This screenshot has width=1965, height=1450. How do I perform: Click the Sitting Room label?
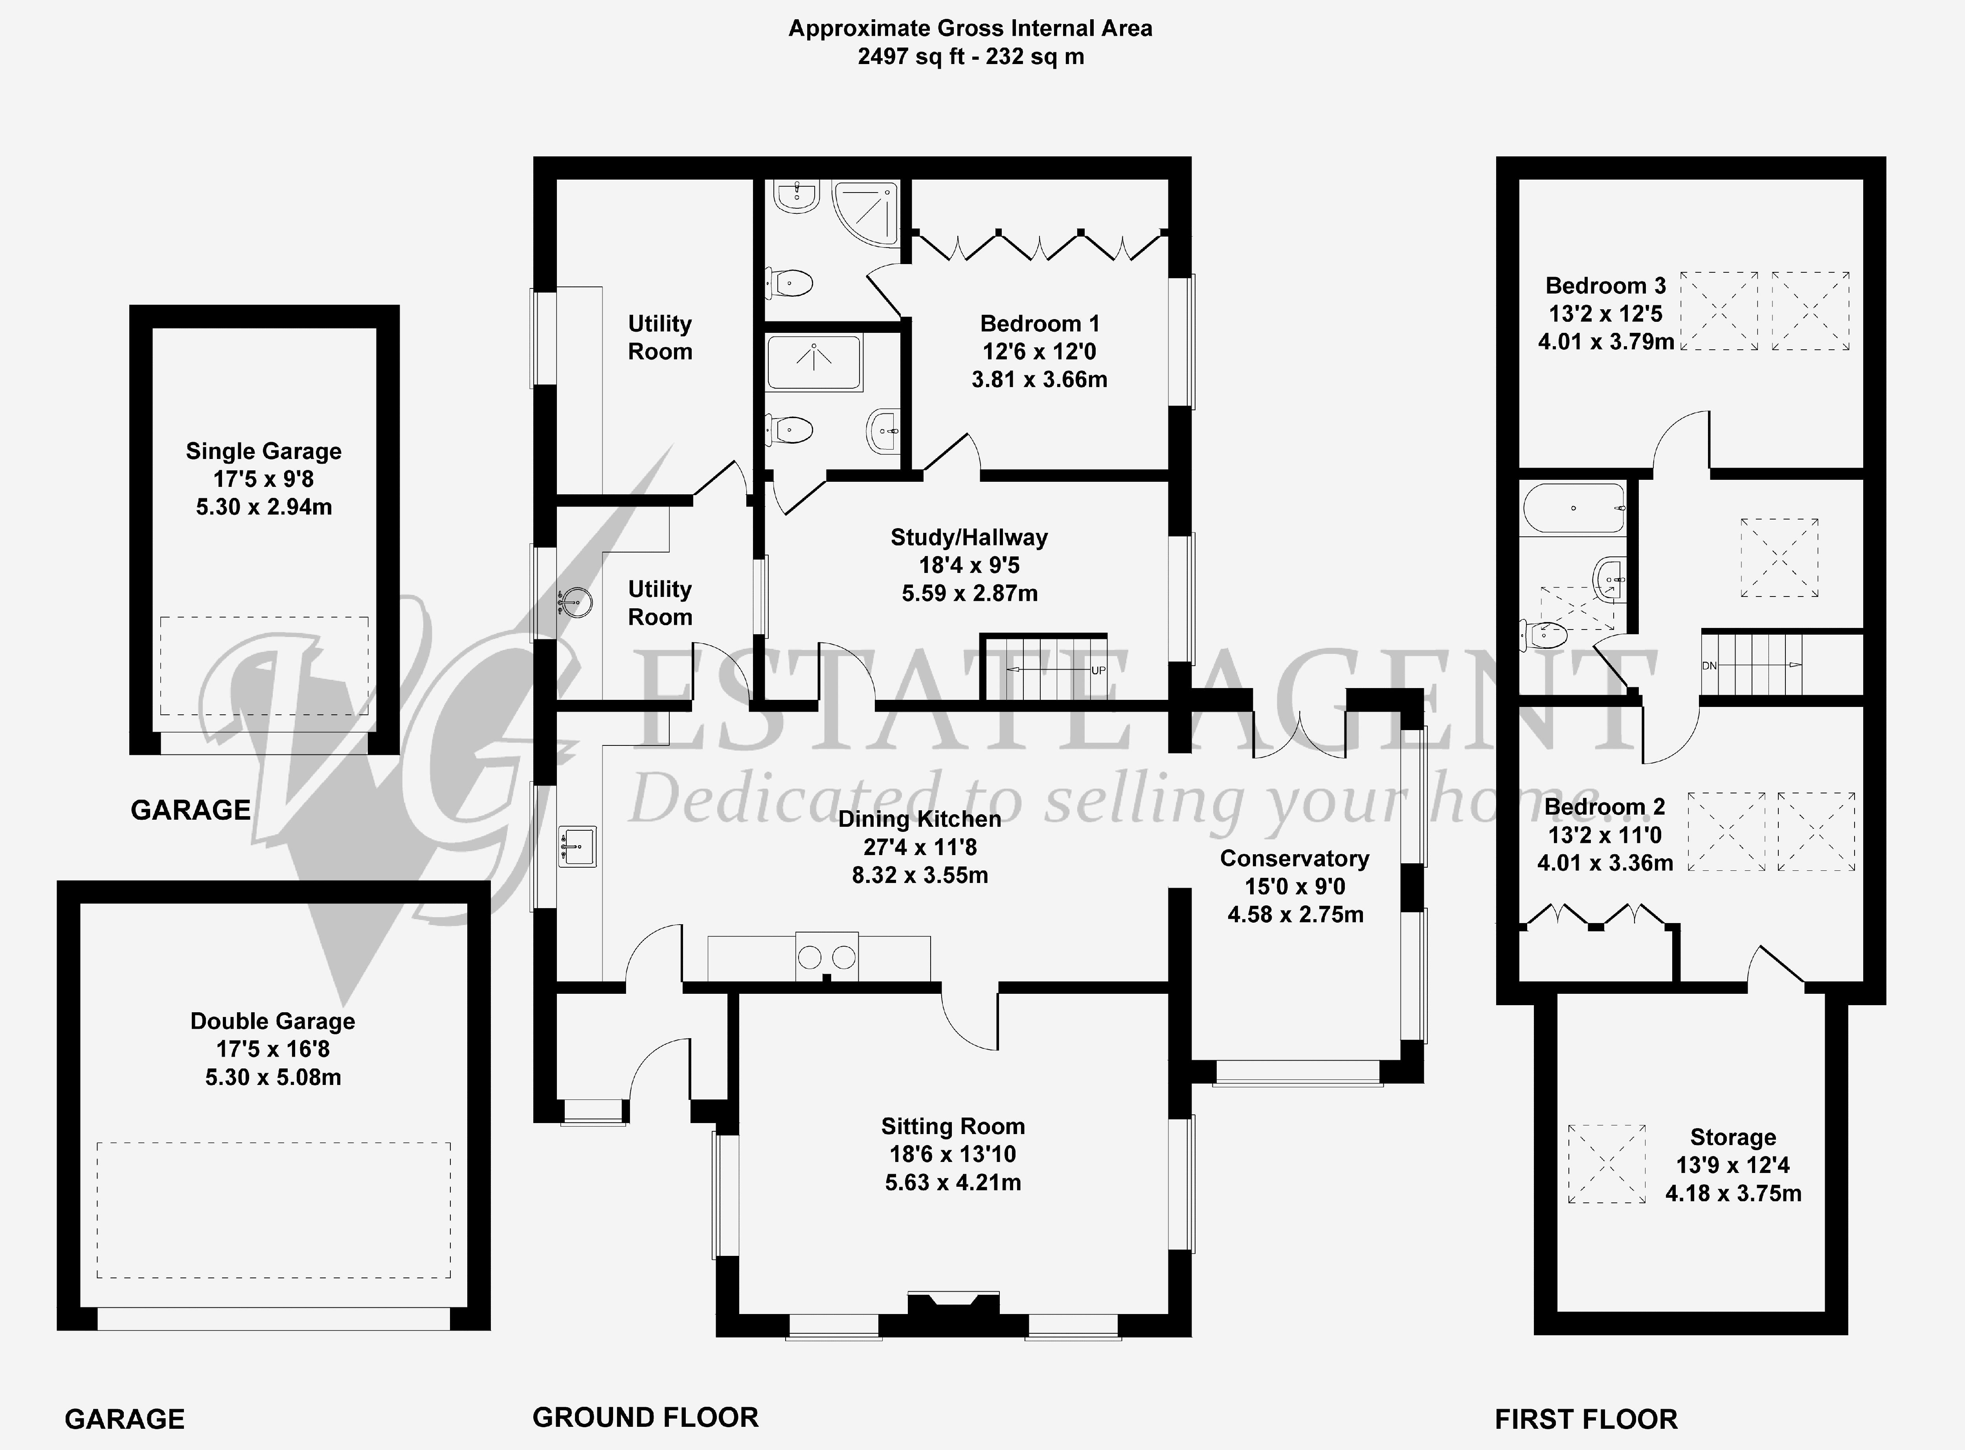[x=953, y=1126]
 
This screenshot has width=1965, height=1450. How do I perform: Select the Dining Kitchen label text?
[x=920, y=819]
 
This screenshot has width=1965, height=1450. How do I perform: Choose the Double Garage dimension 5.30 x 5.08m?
[x=273, y=1077]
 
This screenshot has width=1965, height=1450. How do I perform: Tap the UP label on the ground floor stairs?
[x=1098, y=671]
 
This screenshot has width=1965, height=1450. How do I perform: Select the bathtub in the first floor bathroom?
[x=1574, y=508]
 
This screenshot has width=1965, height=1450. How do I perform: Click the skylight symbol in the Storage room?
[x=1607, y=1164]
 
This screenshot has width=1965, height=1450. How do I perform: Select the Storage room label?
[x=1733, y=1138]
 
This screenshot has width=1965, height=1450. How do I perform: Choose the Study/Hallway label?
[x=969, y=537]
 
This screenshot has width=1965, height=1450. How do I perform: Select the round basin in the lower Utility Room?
[x=577, y=602]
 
